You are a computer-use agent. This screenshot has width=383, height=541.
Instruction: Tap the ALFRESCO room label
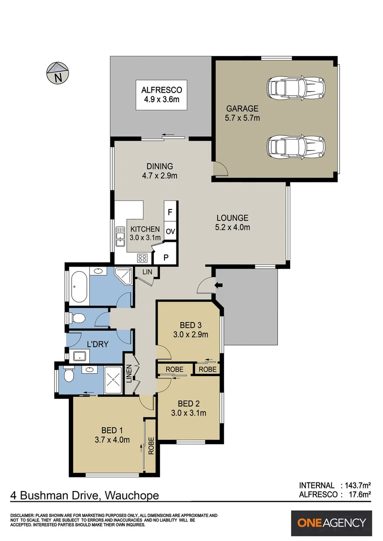point(161,95)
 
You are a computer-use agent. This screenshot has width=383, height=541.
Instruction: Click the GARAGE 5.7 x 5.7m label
point(242,113)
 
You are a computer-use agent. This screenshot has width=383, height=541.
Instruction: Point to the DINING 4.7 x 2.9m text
point(159,171)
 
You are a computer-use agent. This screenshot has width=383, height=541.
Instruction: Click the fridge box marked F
point(170,212)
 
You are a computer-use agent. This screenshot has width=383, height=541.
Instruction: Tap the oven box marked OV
point(170,231)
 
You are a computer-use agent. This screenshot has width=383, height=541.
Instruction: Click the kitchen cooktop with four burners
point(142,258)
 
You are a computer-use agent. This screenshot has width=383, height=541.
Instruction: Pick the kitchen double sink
point(120,236)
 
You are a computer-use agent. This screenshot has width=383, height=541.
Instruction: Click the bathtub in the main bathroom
point(80,287)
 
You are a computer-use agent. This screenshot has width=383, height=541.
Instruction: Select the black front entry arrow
point(218,286)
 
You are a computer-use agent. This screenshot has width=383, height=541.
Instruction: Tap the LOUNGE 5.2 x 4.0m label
point(233,222)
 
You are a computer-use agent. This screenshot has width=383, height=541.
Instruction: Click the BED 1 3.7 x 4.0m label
point(112,435)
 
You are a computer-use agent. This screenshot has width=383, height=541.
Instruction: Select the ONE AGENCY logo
point(332,523)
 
